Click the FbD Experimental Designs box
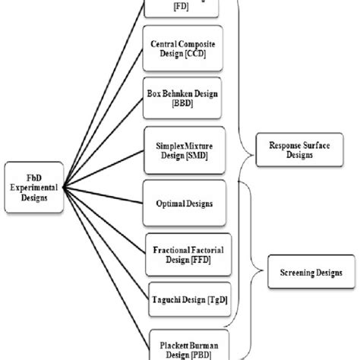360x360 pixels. point(32,184)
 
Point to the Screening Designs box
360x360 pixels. point(305,270)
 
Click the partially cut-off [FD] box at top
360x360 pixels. point(182,7)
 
